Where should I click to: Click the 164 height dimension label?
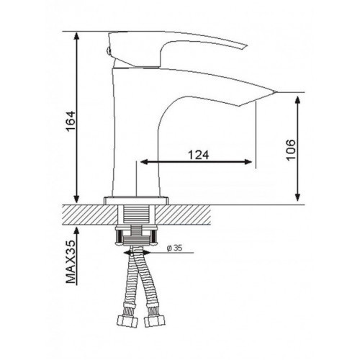71,121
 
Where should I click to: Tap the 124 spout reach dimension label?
198,155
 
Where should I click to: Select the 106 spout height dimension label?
291,150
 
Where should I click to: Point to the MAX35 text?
71,261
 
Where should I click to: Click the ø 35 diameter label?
175,248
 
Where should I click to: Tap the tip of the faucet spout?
276,92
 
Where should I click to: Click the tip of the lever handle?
246,45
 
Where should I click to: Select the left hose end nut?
127,321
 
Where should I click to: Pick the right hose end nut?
155,321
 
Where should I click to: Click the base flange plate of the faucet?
136,201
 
